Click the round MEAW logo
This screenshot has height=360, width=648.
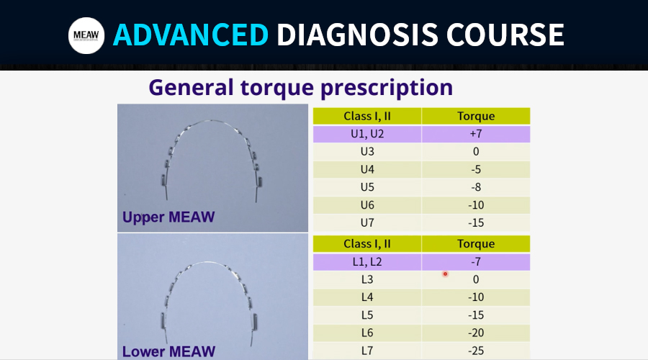86,35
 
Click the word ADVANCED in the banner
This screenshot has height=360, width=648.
191,35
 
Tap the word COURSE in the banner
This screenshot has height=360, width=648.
505,35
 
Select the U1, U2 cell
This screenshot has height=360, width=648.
367,134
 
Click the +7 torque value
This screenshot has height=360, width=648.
476,134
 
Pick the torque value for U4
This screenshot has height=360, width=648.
476,169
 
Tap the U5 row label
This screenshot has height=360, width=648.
367,187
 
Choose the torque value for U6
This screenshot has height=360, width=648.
476,205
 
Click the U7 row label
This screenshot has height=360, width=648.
367,222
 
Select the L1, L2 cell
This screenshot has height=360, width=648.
367,262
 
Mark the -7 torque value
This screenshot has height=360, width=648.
476,262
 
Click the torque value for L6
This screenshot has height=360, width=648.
476,333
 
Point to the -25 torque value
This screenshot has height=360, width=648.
476,351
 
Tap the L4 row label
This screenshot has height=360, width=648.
367,297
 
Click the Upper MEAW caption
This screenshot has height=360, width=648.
168,217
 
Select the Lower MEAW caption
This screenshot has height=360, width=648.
168,351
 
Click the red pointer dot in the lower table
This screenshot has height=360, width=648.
445,274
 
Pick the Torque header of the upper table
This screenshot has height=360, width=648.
476,116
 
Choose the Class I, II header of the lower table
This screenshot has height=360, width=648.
367,244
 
